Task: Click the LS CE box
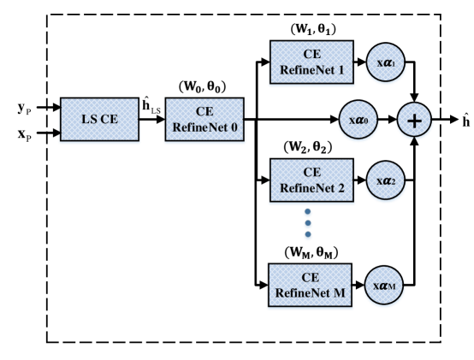click(99, 120)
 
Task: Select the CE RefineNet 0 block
click(204, 120)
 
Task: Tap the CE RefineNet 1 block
click(311, 62)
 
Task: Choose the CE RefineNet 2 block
click(311, 180)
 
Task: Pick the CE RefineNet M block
click(311, 286)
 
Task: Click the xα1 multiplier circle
click(386, 63)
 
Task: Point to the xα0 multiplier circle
click(358, 121)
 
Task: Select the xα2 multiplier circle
click(386, 181)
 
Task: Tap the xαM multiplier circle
click(386, 286)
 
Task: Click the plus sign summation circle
click(414, 121)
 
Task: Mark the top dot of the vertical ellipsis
click(308, 213)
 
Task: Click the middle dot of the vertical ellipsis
click(308, 224)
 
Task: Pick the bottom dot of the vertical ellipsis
click(308, 235)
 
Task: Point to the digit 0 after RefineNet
click(234, 127)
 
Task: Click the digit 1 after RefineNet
click(341, 70)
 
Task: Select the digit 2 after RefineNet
click(341, 188)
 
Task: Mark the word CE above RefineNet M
click(311, 278)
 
